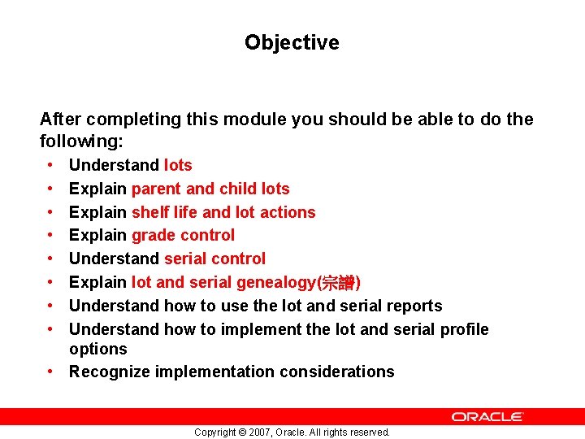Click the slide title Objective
292,42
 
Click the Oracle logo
487,416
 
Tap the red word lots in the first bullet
178,165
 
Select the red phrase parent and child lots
210,189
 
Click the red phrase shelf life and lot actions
223,212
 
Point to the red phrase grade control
183,235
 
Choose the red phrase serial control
214,259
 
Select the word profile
464,329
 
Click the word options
98,349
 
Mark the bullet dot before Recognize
50,372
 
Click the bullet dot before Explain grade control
50,235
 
